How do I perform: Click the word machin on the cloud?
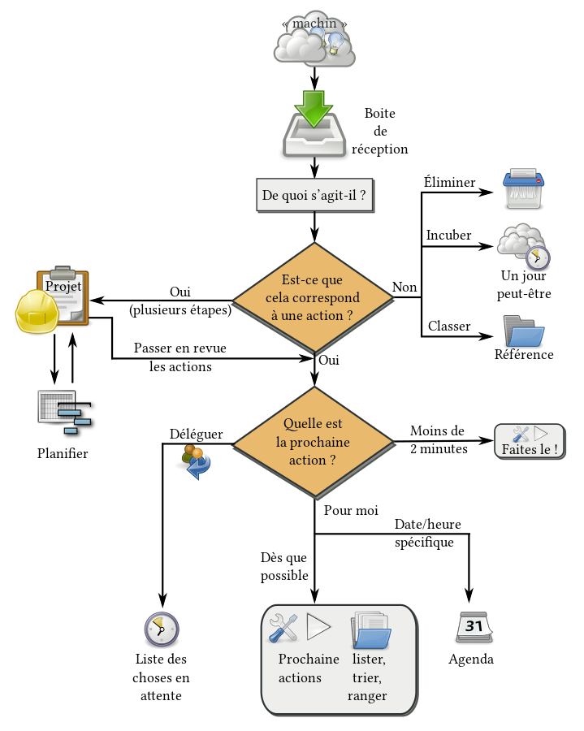[x=314, y=24]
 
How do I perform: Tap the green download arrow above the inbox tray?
[x=314, y=107]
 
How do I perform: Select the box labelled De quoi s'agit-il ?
[x=314, y=196]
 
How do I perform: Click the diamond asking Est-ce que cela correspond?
[x=313, y=297]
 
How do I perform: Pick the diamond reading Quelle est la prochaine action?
[x=313, y=442]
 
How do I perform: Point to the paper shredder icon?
[x=523, y=188]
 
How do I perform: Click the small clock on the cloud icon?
[x=537, y=257]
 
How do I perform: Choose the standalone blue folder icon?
[x=524, y=331]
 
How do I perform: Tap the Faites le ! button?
[x=530, y=442]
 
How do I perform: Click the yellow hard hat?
[x=37, y=312]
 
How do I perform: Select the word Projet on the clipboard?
[x=63, y=287]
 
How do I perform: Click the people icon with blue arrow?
[x=196, y=461]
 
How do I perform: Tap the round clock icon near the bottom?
[x=162, y=629]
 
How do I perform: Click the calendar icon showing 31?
[x=474, y=627]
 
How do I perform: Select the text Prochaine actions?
[x=308, y=668]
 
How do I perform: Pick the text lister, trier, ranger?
[x=367, y=677]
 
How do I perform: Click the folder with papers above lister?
[x=370, y=629]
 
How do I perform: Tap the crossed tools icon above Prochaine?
[x=283, y=627]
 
